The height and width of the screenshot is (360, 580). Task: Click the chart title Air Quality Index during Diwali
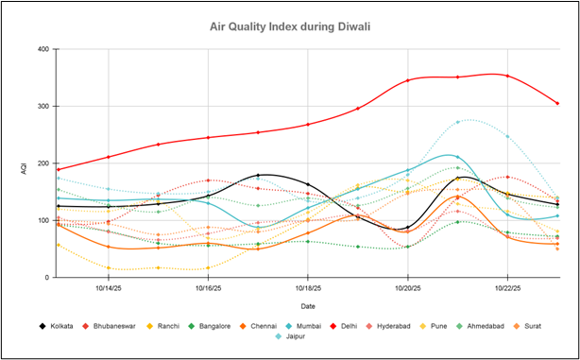point(289,26)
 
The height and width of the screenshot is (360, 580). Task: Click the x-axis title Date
point(308,305)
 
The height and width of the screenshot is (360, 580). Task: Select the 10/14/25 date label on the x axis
point(108,288)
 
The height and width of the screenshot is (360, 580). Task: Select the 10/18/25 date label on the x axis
point(308,288)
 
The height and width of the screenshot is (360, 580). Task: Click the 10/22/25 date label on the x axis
point(507,288)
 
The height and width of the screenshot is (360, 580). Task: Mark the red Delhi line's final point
point(557,104)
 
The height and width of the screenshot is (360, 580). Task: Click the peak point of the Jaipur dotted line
point(458,122)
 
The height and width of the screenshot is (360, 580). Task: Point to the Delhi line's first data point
point(59,169)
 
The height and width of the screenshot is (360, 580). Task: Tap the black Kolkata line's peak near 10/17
point(258,175)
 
